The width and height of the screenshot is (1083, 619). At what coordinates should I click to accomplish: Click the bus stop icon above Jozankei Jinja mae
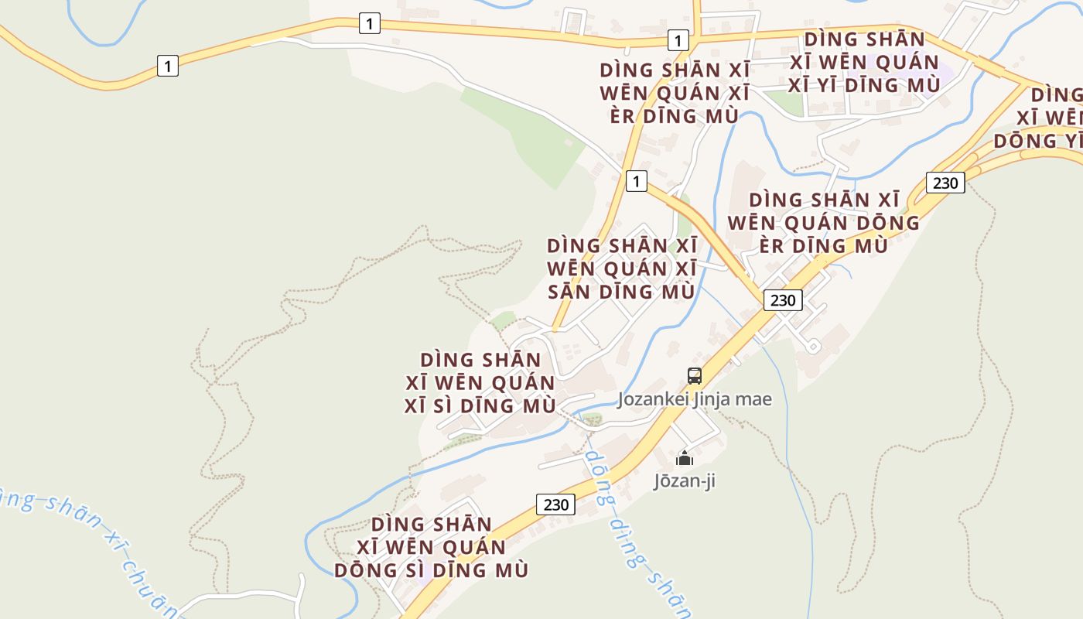[695, 376]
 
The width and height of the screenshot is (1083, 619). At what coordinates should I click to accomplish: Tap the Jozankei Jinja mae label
[694, 399]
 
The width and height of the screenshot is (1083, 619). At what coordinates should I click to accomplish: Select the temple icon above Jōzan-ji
[685, 458]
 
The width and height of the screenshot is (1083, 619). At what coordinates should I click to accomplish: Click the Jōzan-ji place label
[685, 480]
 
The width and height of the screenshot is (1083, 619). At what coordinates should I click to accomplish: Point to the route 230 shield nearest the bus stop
[783, 300]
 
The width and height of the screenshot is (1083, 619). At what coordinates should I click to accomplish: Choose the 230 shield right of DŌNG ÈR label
[945, 183]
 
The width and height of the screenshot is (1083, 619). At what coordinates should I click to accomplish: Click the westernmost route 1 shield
[167, 66]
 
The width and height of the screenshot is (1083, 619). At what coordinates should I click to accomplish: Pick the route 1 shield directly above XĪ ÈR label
[678, 40]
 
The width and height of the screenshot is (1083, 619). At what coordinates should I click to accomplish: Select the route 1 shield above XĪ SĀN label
[636, 182]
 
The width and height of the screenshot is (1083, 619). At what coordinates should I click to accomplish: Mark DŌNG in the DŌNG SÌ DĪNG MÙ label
[363, 570]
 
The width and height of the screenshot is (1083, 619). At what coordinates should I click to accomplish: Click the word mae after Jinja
[755, 399]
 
